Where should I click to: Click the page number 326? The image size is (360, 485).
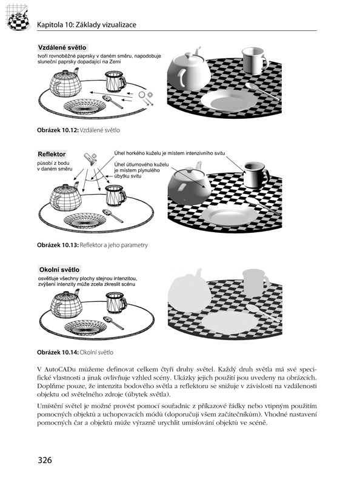tap(44, 460)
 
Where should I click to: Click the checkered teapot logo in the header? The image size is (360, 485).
tap(18, 19)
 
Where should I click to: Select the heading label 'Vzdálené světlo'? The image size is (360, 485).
tap(62, 47)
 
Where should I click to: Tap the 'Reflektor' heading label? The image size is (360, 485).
tap(52, 154)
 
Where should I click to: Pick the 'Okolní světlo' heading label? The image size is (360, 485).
tap(59, 270)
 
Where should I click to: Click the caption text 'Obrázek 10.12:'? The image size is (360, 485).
tap(58, 130)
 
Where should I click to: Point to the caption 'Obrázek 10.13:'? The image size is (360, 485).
tap(58, 246)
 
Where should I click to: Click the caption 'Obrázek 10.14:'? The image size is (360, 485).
tap(58, 352)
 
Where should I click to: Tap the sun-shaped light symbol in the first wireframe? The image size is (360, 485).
tap(150, 95)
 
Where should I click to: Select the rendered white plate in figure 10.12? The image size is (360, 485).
tap(229, 101)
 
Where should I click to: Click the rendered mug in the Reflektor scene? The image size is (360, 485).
tap(256, 175)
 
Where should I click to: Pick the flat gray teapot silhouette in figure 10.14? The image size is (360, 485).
tap(189, 290)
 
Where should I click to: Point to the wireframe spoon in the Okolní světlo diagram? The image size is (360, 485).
tap(113, 323)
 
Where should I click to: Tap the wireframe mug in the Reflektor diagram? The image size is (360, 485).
tap(115, 196)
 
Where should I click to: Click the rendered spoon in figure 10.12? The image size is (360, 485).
tap(262, 92)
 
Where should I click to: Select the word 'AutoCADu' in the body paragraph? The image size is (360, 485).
tap(59, 369)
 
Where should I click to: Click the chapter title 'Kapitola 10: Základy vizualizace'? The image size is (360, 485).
tap(87, 25)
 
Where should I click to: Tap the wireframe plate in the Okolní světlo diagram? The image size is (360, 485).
tap(85, 328)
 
